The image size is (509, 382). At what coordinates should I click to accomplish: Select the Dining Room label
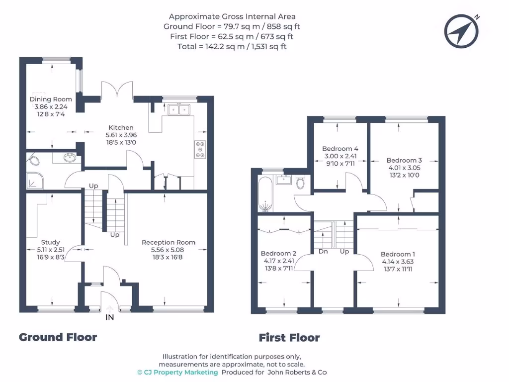[51, 99]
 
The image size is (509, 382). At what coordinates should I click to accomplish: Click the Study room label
[51, 243]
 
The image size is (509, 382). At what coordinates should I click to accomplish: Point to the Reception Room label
[169, 242]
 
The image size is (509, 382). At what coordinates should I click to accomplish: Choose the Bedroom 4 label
[340, 149]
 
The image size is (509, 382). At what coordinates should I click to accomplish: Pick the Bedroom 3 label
[404, 160]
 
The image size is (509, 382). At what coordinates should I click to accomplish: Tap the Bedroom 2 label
[278, 253]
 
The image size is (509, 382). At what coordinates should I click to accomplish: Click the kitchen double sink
[179, 109]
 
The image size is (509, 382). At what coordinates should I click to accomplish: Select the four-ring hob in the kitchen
[200, 150]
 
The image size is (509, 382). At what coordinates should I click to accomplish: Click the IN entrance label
[110, 317]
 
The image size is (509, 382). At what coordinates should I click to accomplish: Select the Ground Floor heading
[58, 337]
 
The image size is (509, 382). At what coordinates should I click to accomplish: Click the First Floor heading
[289, 338]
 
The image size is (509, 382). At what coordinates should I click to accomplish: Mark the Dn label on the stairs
[323, 251]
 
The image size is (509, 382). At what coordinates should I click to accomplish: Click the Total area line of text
[232, 46]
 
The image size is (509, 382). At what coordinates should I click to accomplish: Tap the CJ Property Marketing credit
[177, 372]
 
